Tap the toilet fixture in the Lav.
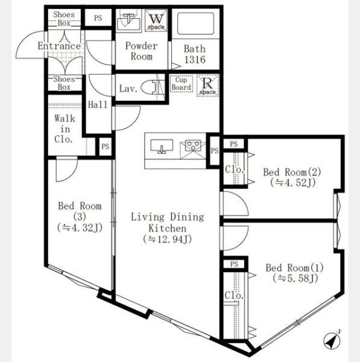coord(153,87)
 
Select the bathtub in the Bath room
coord(195,23)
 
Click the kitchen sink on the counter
coord(162,146)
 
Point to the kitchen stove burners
coord(193,145)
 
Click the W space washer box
coord(156,21)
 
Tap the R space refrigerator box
coord(207,86)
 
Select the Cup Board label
coord(182,84)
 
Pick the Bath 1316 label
coord(195,54)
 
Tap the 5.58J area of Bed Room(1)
coord(295,278)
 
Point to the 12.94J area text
coord(168,239)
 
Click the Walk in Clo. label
coord(65,129)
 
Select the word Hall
coord(98,104)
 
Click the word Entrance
coord(59,46)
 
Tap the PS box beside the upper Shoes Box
coord(98,18)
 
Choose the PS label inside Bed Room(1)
coord(234,264)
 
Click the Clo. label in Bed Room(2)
coord(235,170)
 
